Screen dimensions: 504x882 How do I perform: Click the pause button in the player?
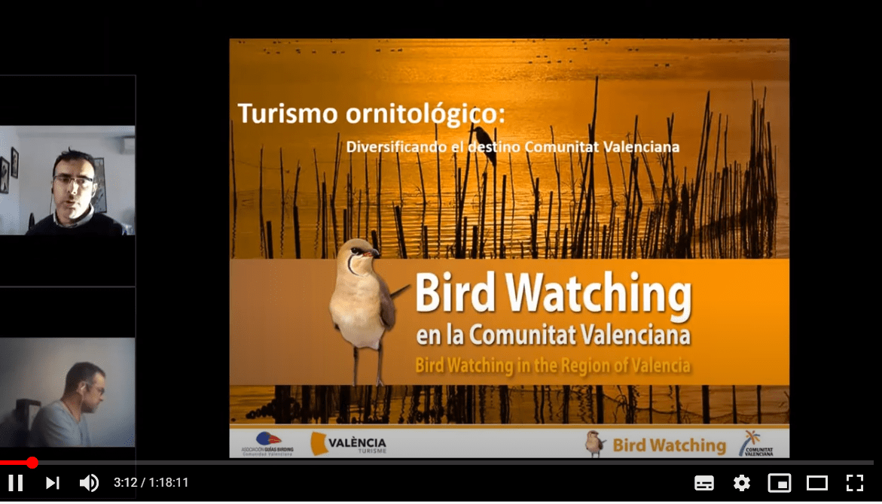click(15, 483)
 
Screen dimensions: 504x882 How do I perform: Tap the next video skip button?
click(52, 483)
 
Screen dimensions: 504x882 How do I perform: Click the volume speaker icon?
click(89, 483)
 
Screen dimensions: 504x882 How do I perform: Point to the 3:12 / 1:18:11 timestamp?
click(151, 483)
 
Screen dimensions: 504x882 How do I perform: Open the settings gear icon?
click(742, 483)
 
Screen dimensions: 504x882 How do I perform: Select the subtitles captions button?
click(704, 483)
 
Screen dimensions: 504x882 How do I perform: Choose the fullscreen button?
click(854, 483)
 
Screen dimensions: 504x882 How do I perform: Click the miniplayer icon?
click(779, 483)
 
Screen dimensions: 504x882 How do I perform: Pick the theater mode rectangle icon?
click(816, 483)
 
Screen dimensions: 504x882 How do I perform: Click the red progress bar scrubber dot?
click(32, 463)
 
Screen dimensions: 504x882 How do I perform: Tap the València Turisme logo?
click(349, 444)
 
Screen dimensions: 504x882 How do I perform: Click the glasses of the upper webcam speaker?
click(73, 181)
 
